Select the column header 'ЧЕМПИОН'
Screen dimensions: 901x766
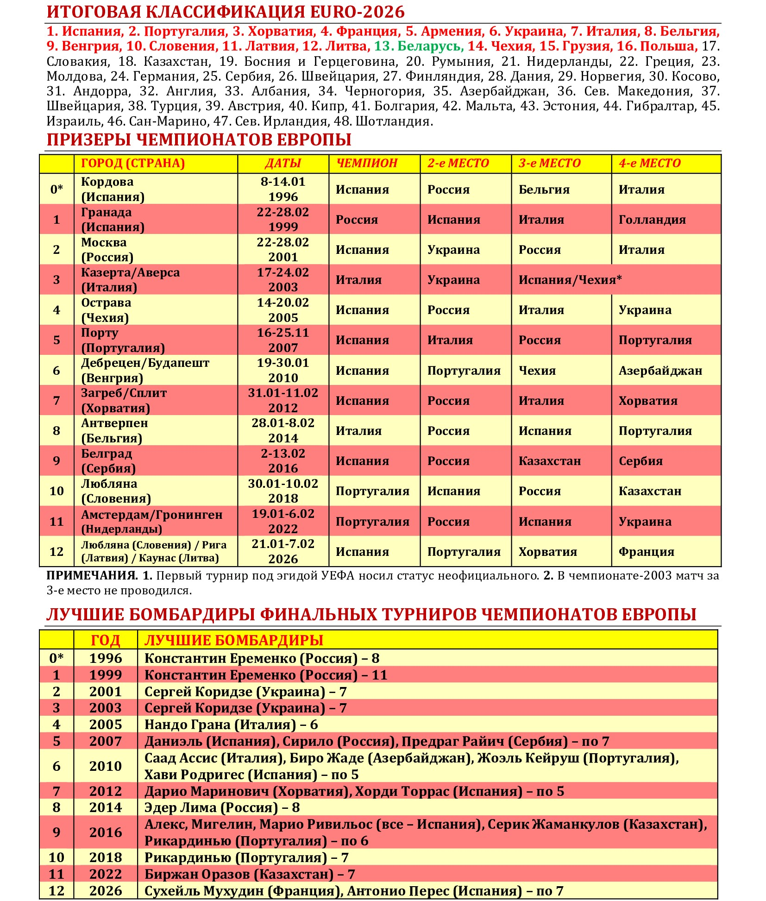pyautogui.click(x=366, y=163)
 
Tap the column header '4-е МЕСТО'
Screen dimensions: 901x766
pyautogui.click(x=649, y=163)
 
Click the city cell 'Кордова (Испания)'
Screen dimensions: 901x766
pyautogui.click(x=113, y=189)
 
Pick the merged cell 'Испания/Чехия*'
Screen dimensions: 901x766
pyautogui.click(x=570, y=280)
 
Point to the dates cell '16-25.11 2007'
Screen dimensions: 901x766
pyautogui.click(x=283, y=340)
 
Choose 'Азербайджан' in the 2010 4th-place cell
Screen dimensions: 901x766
pyautogui.click(x=660, y=371)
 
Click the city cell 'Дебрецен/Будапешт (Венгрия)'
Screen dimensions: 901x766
pyautogui.click(x=145, y=370)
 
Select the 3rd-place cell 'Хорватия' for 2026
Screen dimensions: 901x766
pyautogui.click(x=547, y=552)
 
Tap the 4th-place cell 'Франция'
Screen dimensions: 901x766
pyautogui.click(x=646, y=552)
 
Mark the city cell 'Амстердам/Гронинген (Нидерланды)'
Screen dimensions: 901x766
pyautogui.click(x=151, y=521)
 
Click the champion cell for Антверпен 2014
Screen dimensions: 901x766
pyautogui.click(x=358, y=431)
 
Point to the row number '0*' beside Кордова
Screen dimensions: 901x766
pyautogui.click(x=57, y=189)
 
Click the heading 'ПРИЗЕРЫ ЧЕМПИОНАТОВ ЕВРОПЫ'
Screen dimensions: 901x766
pyautogui.click(x=199, y=140)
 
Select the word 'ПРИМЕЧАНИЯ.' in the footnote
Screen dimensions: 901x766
pyautogui.click(x=92, y=576)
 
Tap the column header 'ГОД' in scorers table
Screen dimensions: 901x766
pyautogui.click(x=105, y=640)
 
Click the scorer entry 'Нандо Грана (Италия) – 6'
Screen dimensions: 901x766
pyautogui.click(x=231, y=725)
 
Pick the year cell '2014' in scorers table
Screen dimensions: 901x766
pyautogui.click(x=105, y=807)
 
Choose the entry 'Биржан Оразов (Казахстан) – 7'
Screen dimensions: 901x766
pyautogui.click(x=249, y=874)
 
